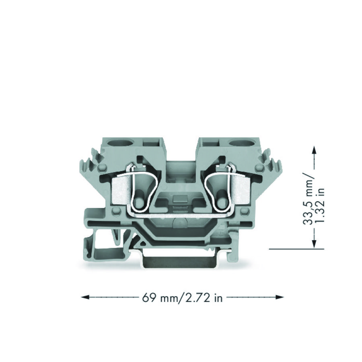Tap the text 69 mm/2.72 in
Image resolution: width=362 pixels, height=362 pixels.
tap(182, 298)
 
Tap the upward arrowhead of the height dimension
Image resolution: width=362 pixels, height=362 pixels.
tap(314, 150)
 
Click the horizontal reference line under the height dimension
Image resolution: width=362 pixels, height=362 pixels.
tap(296, 249)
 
